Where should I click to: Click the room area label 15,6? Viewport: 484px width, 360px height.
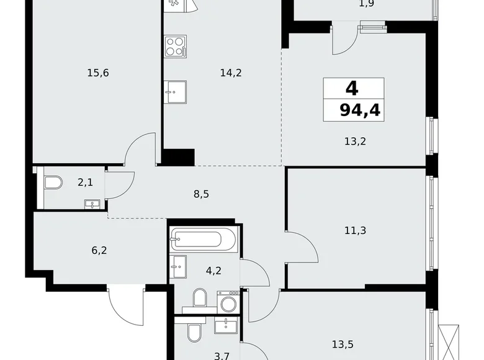[x=98, y=73]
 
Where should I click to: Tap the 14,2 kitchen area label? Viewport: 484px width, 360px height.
[x=230, y=73]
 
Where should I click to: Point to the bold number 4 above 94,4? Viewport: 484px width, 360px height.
[x=351, y=88]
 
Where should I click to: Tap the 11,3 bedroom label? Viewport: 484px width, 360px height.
[x=354, y=230]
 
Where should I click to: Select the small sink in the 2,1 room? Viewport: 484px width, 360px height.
[x=92, y=203]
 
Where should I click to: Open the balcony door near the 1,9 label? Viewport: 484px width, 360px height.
[x=343, y=40]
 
